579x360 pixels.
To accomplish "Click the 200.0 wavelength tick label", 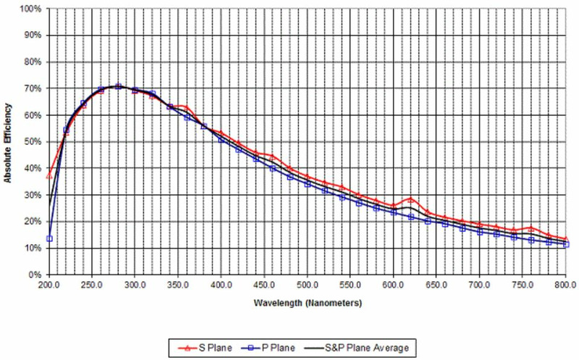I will (49, 285).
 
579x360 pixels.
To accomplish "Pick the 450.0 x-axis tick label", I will (264, 285).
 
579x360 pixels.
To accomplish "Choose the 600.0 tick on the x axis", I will (394, 285).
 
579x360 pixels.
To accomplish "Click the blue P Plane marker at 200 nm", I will (50, 238).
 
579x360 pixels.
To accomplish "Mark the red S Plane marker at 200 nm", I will (50, 176).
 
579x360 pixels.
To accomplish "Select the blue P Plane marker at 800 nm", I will (566, 245).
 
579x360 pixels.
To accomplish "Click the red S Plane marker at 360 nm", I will (187, 107).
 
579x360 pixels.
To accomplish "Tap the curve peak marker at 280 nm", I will (118, 86).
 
